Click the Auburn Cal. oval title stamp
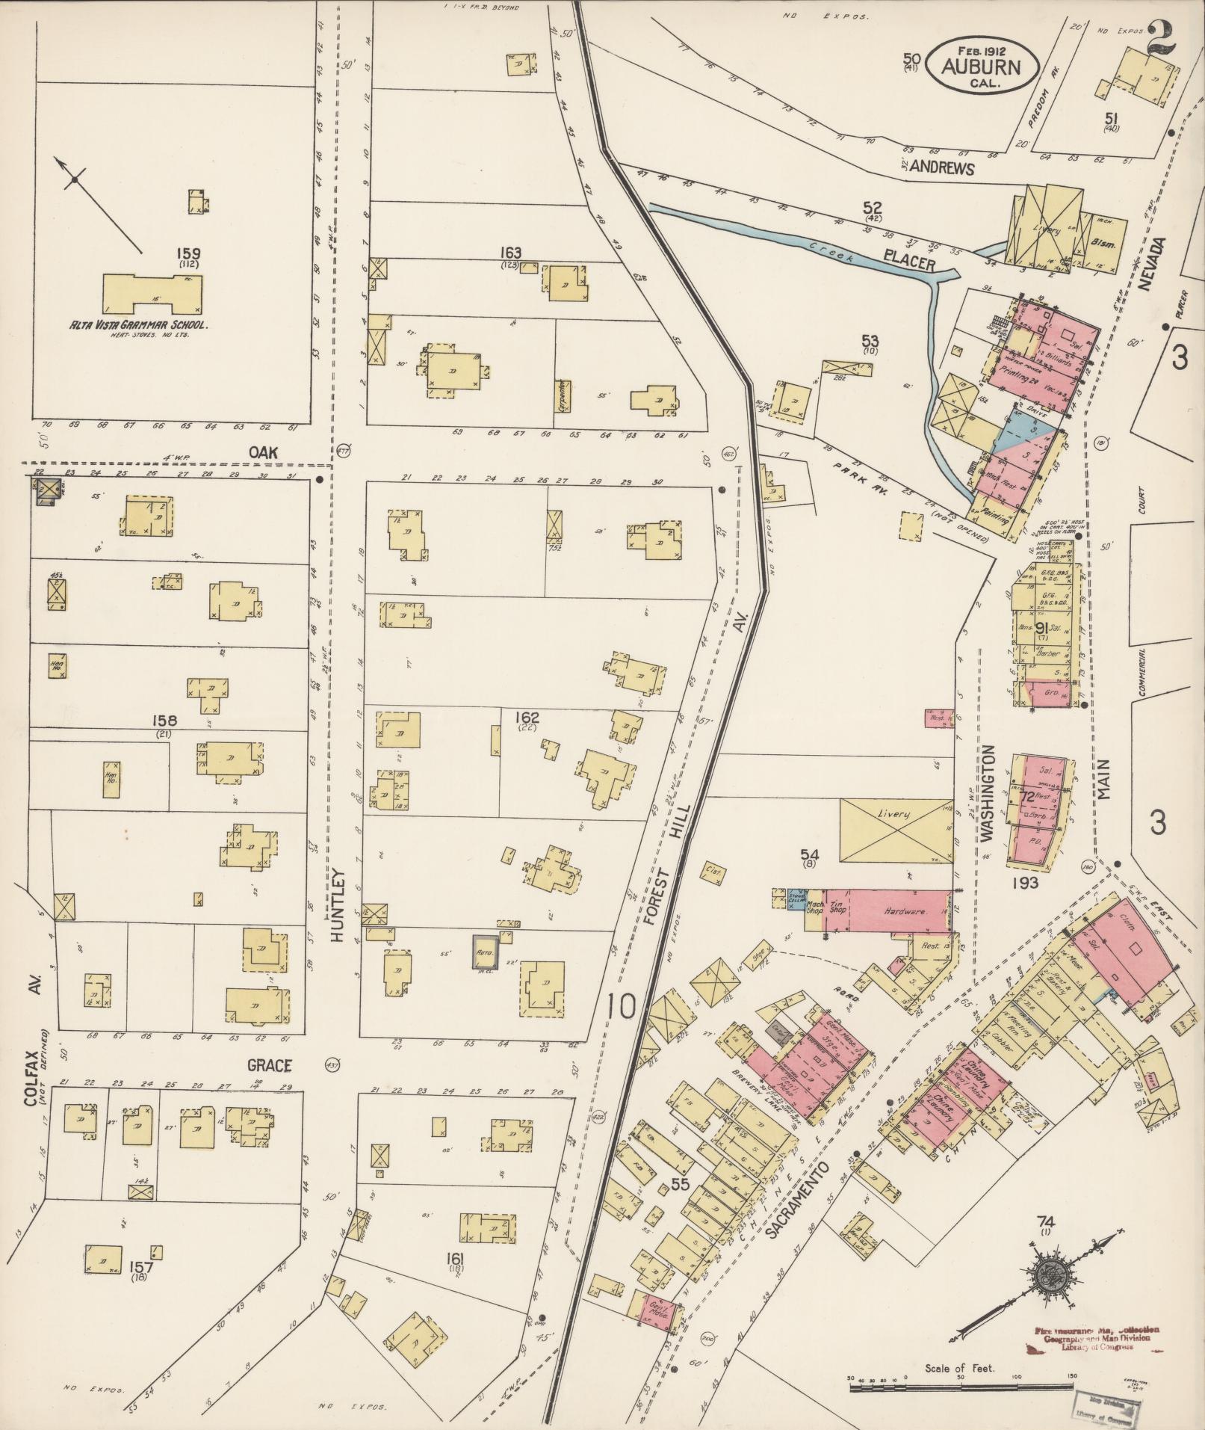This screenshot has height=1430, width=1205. coord(981,65)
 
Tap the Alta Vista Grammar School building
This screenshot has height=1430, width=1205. coord(152,294)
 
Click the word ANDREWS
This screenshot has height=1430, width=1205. coord(947,169)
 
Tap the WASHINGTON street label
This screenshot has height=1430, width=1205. coord(989,793)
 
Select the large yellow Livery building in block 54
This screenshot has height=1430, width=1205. coord(893,830)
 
